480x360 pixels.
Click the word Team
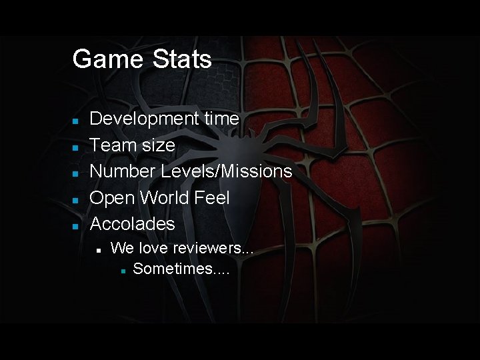(112, 145)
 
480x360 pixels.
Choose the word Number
(123, 171)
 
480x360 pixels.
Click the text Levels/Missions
(227, 171)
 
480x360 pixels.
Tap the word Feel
(213, 197)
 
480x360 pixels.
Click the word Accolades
(132, 223)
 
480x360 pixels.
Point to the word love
(153, 248)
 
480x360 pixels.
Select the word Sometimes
(177, 269)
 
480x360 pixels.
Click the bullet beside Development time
(76, 120)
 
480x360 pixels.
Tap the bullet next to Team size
(76, 146)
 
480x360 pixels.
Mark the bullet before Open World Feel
(76, 199)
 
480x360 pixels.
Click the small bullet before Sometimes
(123, 271)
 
